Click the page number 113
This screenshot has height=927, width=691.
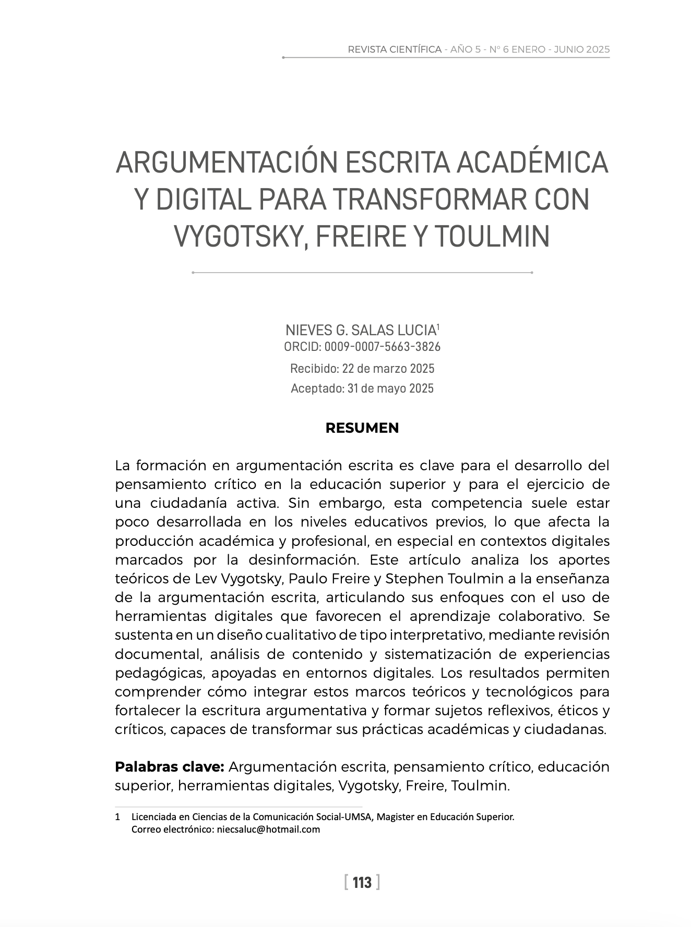click(362, 882)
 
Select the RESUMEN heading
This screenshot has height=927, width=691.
click(362, 428)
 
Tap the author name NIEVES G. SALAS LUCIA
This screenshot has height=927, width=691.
click(360, 330)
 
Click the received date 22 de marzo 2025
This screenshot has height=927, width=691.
click(388, 369)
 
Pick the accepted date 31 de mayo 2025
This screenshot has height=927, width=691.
click(390, 388)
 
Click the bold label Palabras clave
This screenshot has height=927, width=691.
click(169, 767)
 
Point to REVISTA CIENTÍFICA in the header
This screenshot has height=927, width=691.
click(395, 50)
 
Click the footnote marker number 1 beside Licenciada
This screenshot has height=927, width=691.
click(117, 817)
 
